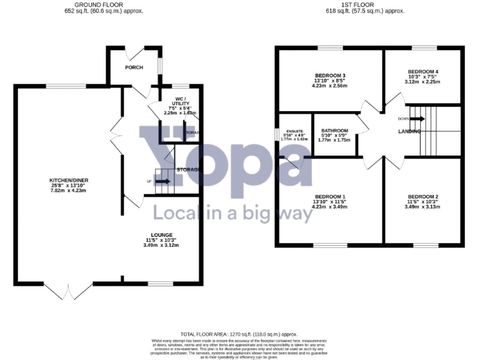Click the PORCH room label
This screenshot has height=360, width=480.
tap(134, 67)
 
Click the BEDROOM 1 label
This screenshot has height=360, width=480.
tap(331, 197)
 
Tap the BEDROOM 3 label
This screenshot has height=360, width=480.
tap(331, 76)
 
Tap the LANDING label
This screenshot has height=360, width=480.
tap(409, 131)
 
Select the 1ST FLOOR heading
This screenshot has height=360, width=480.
tap(366, 4)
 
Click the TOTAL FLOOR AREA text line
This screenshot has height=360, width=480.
tap(238, 334)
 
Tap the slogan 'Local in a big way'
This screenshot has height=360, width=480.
tap(232, 214)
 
